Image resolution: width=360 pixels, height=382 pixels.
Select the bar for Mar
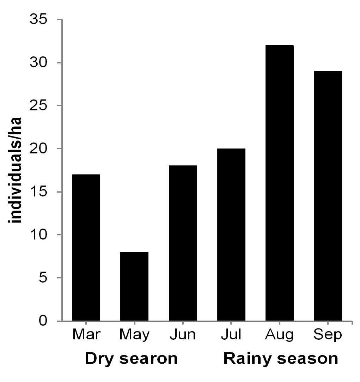point(86,248)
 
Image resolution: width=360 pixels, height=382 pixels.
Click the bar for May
point(134,286)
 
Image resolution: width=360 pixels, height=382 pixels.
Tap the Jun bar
point(183,243)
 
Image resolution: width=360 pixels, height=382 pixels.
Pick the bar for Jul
point(231,235)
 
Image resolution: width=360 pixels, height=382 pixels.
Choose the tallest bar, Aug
point(279,183)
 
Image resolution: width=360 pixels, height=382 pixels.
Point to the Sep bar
point(328,196)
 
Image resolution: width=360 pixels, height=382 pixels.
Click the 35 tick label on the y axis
point(38,19)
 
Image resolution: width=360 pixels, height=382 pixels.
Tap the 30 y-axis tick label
point(38,62)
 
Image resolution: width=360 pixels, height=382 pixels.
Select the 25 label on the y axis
point(38,105)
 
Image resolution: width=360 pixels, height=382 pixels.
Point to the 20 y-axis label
point(38,148)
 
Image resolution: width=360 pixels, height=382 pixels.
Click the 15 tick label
point(38,192)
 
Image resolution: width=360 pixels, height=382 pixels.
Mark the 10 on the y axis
point(38,235)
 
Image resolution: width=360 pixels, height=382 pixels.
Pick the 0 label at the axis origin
point(43,321)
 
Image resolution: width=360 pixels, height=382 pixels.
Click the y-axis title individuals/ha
point(15,170)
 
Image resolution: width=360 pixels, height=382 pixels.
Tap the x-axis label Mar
point(86,334)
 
